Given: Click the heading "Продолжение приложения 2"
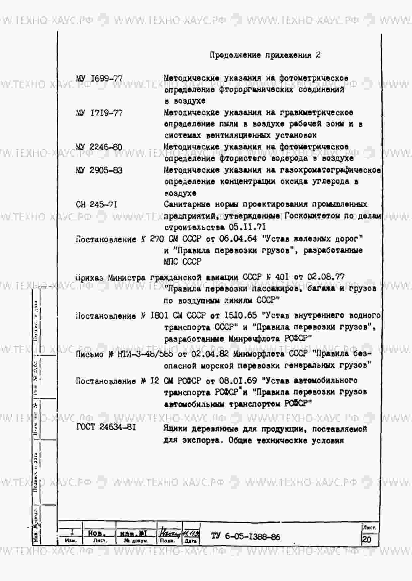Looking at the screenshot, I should [265, 55].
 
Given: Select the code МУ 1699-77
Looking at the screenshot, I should [99, 79].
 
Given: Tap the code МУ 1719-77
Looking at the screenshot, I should [99, 113].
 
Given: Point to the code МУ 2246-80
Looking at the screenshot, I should [99, 147].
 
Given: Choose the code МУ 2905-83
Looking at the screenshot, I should [99, 171].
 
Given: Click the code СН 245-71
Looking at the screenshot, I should [96, 205].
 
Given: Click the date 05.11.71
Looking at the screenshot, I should [247, 227].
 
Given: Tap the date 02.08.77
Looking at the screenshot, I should [326, 277].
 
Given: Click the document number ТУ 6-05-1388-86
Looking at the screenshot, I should [246, 537].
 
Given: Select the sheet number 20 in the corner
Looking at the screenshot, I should [366, 539].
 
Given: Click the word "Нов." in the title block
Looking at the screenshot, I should [97, 534].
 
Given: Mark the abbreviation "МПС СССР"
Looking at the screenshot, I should [182, 262].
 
